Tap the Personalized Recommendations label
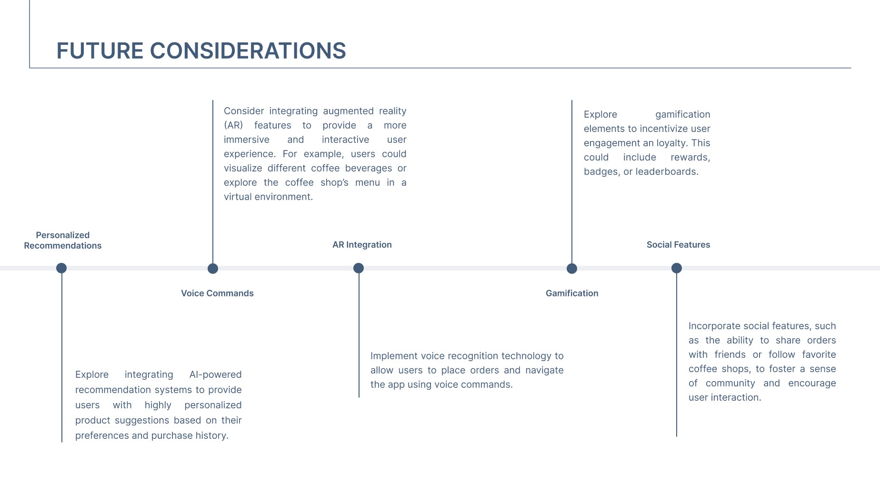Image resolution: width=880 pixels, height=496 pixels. [x=63, y=240]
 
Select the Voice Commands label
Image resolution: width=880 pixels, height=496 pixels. [x=217, y=293]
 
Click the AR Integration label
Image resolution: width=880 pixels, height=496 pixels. [x=362, y=244]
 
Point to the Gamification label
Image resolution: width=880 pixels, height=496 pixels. [x=572, y=293]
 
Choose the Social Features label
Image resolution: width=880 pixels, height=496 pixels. [x=678, y=244]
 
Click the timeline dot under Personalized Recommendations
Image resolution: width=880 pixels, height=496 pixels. [x=61, y=268]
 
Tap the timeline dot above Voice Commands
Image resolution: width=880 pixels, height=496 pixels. [x=213, y=269]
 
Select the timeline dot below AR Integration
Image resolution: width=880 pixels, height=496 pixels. [x=359, y=268]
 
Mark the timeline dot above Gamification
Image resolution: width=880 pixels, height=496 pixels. [x=572, y=269]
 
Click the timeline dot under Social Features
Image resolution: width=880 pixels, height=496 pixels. [x=677, y=268]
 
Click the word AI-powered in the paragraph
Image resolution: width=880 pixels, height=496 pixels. [x=215, y=375]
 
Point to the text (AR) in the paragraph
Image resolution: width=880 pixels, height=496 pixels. [x=233, y=125]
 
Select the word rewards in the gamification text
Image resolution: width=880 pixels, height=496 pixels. [x=690, y=157]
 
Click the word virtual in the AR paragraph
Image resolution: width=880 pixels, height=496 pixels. [x=237, y=197]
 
